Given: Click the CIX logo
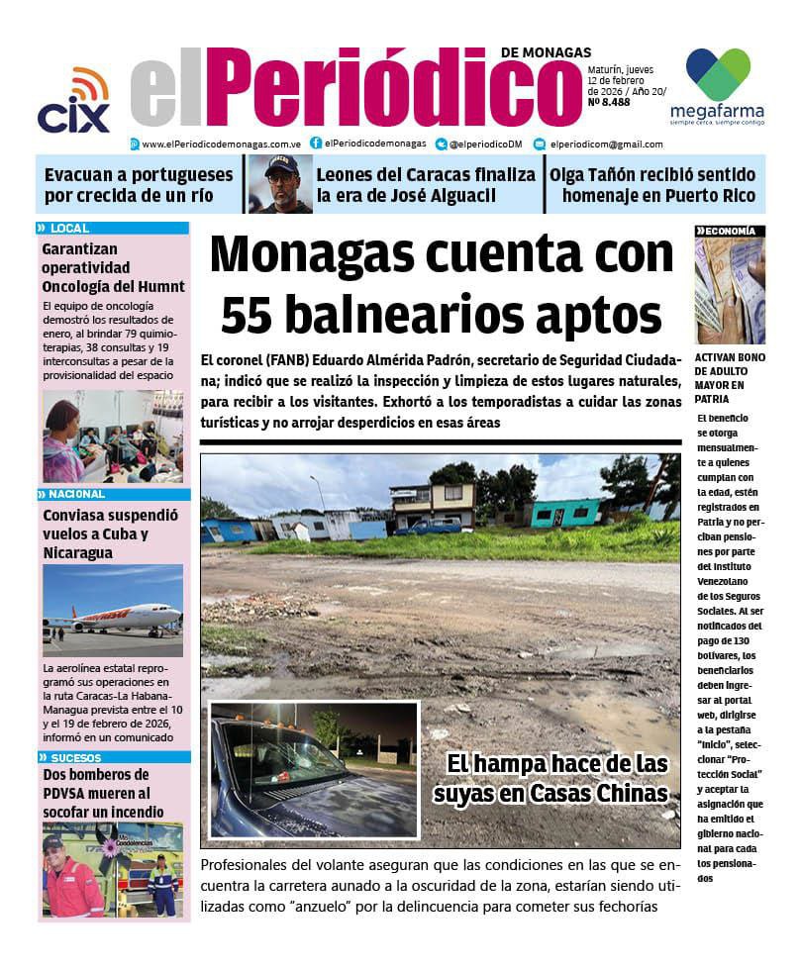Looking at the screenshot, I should pyautogui.click(x=73, y=103).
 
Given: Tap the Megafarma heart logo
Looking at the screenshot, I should pyautogui.click(x=718, y=73).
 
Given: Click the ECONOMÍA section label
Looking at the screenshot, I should pyautogui.click(x=732, y=231).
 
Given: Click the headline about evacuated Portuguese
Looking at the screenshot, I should pyautogui.click(x=139, y=185).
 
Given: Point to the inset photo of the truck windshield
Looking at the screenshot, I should pyautogui.click(x=315, y=769).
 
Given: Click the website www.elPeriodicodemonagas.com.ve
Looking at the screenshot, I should pyautogui.click(x=220, y=144).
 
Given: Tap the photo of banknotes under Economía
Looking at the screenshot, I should pyautogui.click(x=730, y=291).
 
